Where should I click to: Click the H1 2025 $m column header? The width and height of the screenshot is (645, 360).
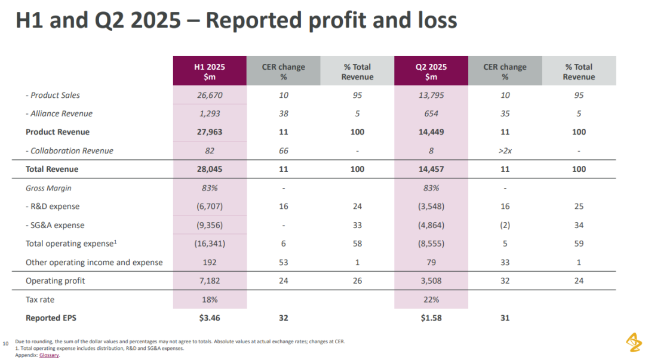210,71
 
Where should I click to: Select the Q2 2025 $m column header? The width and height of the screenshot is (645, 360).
431,71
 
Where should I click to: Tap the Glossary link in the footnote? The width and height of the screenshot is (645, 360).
49,355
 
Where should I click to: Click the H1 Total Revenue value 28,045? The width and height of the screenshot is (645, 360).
210,169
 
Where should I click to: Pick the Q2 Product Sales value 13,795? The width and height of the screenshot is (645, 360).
431,95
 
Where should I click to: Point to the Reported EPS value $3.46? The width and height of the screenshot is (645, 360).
210,318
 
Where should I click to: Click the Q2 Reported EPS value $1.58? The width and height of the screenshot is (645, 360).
431,318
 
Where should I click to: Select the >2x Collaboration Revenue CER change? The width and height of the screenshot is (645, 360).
505,150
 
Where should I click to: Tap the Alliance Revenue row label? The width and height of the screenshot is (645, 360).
59,113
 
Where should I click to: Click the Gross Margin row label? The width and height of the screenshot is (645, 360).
48,188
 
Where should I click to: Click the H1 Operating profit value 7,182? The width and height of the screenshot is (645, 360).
210,281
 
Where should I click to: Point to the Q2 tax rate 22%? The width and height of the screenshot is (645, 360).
431,300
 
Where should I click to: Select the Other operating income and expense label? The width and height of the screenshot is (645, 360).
94,262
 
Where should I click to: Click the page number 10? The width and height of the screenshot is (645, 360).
6,343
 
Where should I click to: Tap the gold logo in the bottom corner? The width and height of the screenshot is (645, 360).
634,342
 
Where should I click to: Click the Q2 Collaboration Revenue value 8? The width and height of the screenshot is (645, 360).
431,150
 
